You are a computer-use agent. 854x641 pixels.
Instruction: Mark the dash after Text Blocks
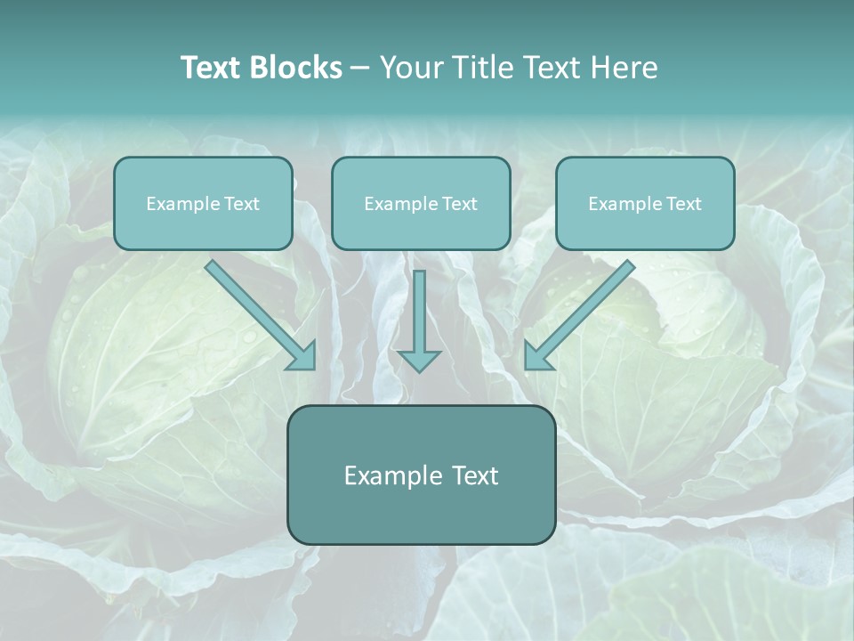click(360, 69)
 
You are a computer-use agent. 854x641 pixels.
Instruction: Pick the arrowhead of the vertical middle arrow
click(419, 361)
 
